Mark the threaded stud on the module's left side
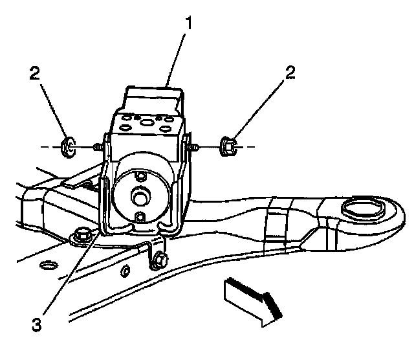tap(96, 148)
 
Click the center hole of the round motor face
tap(138, 194)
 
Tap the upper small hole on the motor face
tap(138, 173)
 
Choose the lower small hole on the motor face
tap(138, 216)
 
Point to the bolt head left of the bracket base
tap(82, 237)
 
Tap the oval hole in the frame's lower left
tap(47, 265)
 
